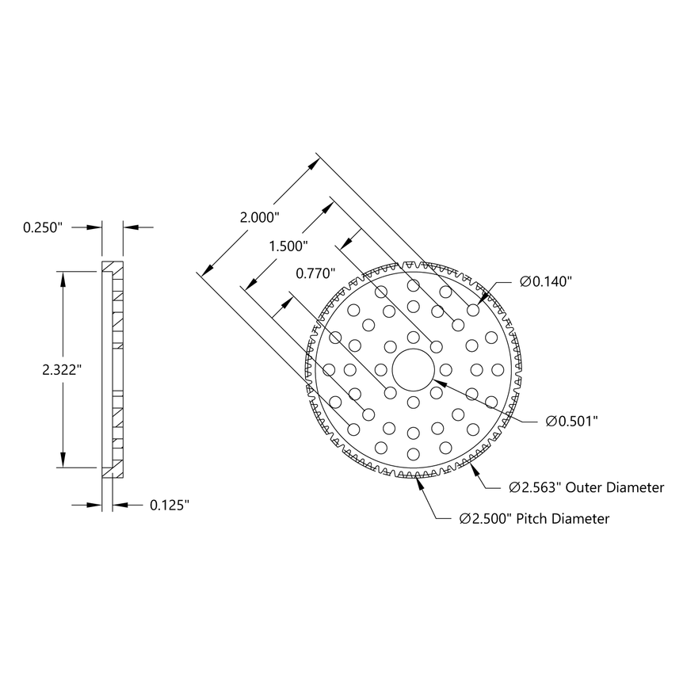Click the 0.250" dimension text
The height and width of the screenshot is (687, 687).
click(42, 227)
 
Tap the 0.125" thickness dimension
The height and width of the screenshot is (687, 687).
click(170, 504)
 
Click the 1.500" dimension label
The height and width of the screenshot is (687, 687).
click(289, 246)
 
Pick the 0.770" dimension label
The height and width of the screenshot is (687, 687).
click(316, 273)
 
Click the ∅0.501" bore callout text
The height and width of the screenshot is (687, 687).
click(572, 421)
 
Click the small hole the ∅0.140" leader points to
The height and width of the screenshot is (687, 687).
click(473, 310)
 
